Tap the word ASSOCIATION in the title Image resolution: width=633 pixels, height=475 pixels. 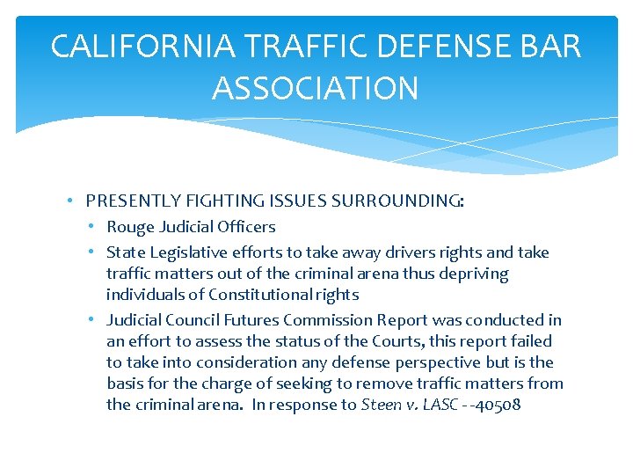(x=316, y=88)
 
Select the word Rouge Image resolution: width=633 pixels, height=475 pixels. (x=131, y=227)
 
